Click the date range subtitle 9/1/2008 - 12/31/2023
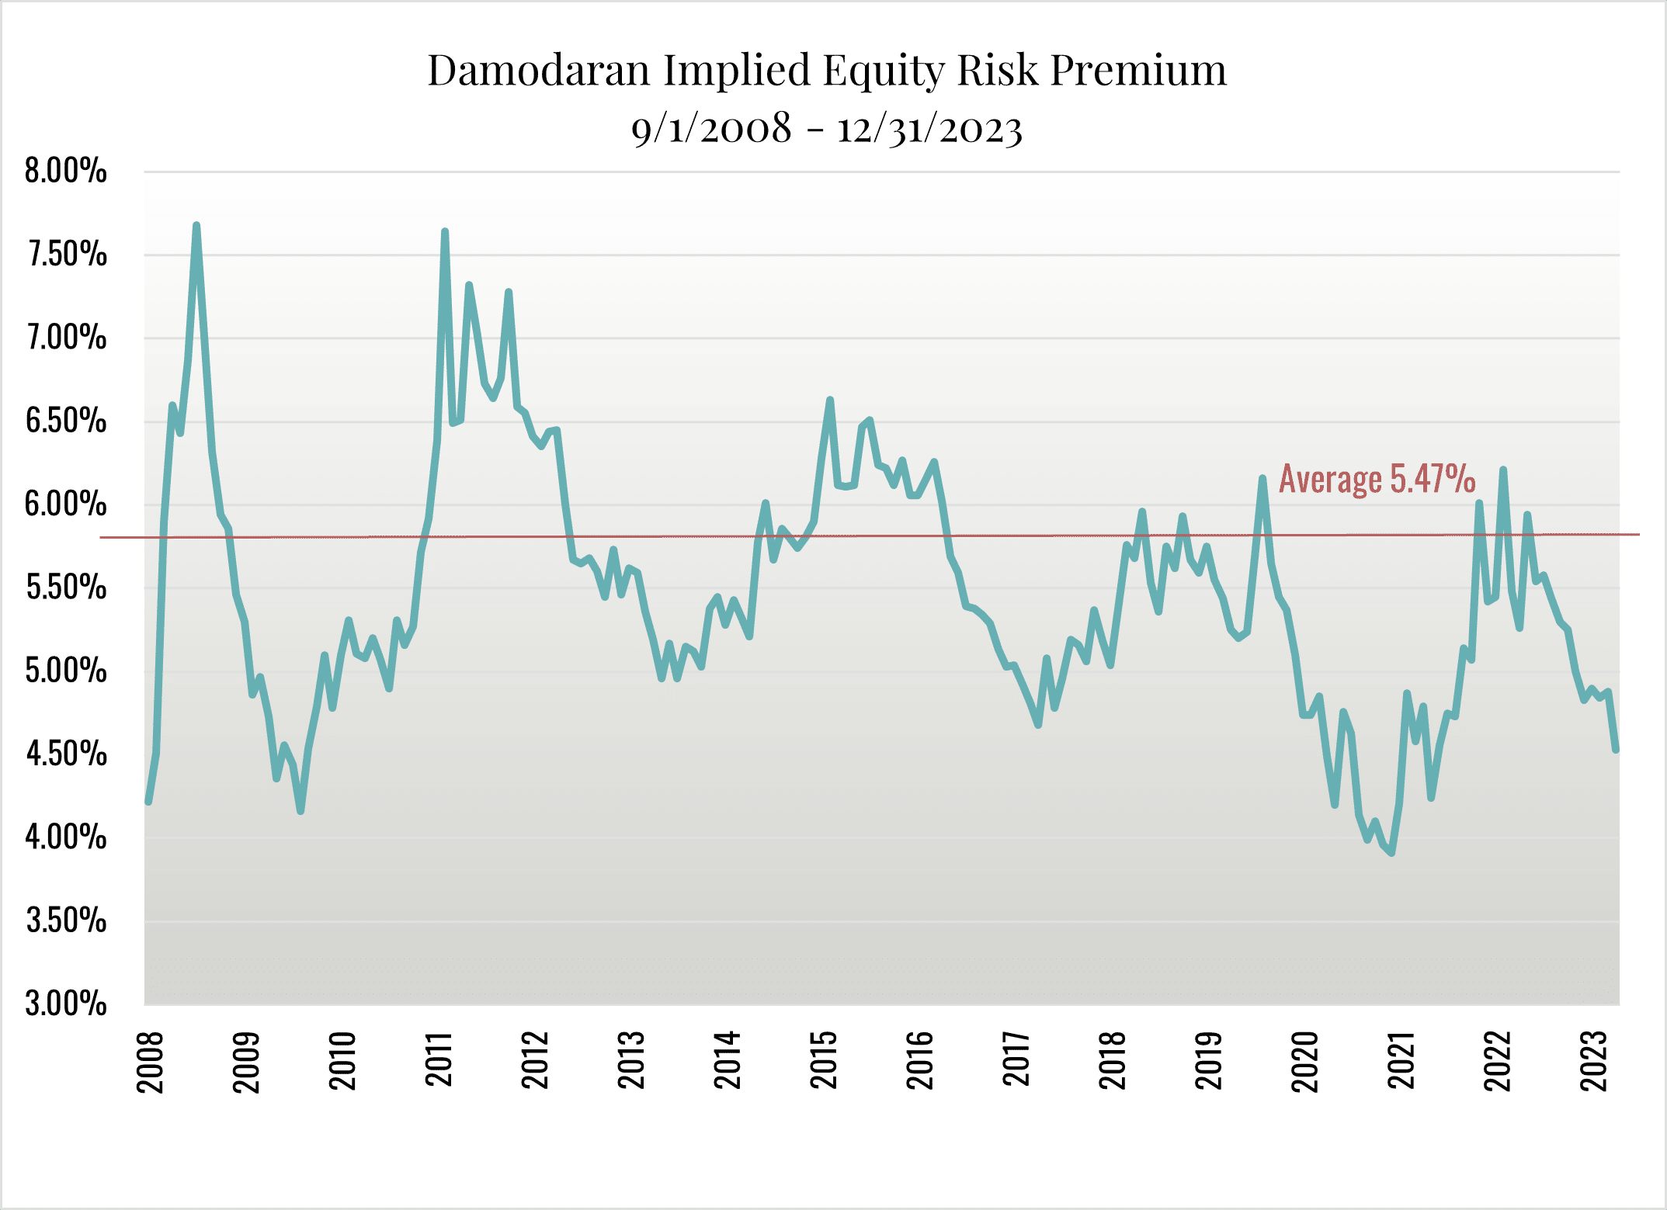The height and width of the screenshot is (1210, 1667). (x=826, y=128)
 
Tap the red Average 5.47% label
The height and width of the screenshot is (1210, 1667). (x=1377, y=479)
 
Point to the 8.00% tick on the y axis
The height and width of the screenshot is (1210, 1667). (x=66, y=171)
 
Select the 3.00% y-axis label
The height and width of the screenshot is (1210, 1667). (x=66, y=1004)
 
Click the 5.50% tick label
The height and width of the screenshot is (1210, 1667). (x=66, y=588)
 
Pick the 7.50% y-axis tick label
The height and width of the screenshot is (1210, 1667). (x=66, y=255)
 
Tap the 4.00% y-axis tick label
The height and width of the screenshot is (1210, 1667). (x=66, y=837)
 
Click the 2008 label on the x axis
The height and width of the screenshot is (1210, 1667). (x=150, y=1062)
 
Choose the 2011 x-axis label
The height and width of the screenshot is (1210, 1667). (x=439, y=1059)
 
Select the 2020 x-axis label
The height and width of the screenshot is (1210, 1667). (x=1304, y=1062)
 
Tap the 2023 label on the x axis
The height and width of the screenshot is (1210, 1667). (x=1593, y=1061)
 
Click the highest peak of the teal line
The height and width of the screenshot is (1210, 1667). (x=196, y=226)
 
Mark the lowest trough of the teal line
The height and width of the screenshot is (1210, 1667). (x=1392, y=853)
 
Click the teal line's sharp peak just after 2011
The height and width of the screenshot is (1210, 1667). (x=445, y=232)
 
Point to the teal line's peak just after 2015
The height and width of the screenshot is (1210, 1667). (x=830, y=400)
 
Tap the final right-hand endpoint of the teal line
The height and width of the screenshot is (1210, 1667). (x=1616, y=750)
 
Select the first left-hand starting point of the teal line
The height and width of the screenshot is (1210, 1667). (x=148, y=801)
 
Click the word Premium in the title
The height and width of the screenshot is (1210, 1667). (x=1138, y=70)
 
